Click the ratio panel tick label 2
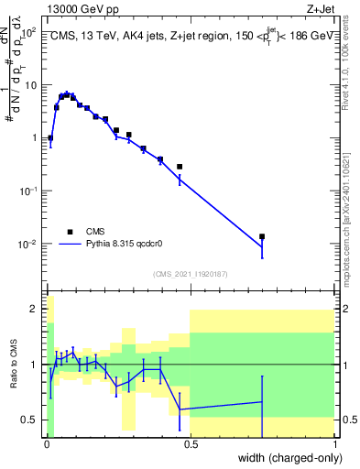pyautogui.click(x=35, y=310)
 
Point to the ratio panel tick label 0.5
pyautogui.click(x=31, y=420)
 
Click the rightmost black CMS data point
pyautogui.click(x=262, y=236)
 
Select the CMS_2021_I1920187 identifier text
pyautogui.click(x=190, y=274)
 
